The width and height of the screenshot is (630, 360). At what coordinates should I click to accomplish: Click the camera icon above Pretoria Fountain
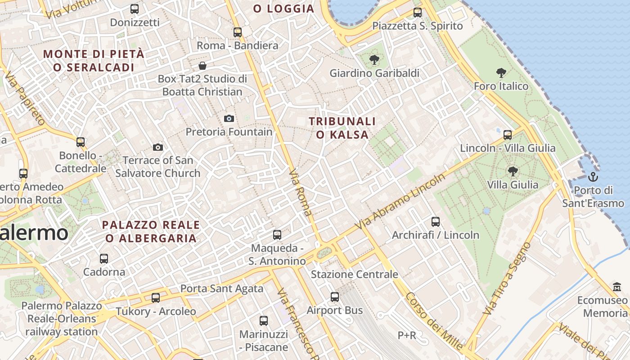tap(229, 119)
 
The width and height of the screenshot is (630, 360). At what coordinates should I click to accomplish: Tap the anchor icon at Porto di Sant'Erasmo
tap(593, 176)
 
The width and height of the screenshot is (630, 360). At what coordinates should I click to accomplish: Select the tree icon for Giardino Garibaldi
tap(374, 59)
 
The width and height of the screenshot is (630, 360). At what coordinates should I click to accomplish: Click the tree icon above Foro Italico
tap(501, 72)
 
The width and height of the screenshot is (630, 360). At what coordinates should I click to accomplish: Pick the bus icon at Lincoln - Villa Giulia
tap(508, 135)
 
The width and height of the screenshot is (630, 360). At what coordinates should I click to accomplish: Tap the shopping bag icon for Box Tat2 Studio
tap(202, 66)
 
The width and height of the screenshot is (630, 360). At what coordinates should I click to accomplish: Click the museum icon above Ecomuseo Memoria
tap(617, 287)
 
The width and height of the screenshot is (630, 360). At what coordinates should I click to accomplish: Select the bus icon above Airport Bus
tap(335, 297)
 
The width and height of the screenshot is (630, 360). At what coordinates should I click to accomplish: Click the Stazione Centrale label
tap(355, 274)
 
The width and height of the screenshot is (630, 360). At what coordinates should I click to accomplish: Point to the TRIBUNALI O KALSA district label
tap(342, 128)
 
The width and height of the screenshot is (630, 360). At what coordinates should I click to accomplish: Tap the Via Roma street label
tap(301, 192)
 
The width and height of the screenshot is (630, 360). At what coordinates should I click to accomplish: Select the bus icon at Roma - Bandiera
tap(238, 32)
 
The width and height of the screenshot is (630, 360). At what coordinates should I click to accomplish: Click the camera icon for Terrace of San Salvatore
tap(157, 147)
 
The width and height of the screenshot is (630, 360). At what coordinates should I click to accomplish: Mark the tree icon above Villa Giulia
tap(513, 171)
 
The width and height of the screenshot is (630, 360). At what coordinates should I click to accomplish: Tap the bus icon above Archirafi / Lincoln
tap(436, 221)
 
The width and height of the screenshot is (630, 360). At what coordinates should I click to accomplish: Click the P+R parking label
tap(407, 335)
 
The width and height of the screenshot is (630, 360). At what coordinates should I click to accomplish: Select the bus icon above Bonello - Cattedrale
tap(81, 142)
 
